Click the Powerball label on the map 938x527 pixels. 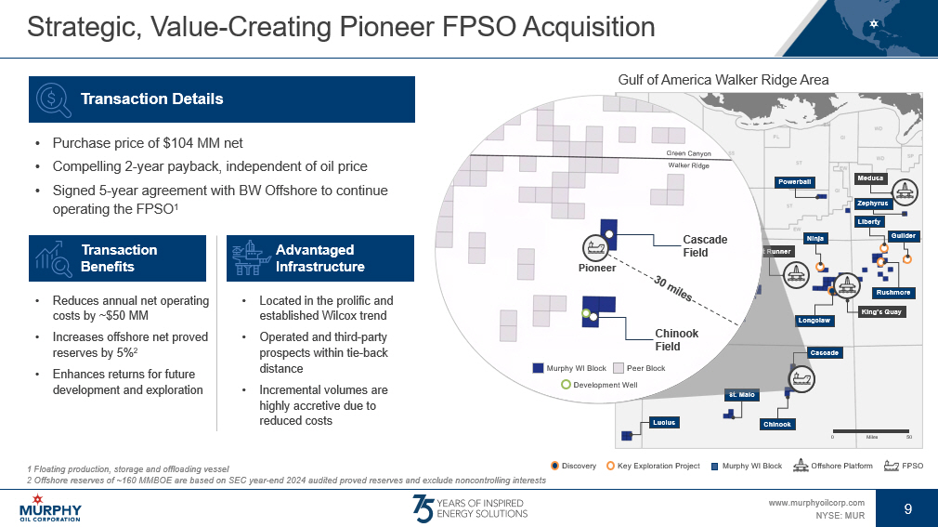(x=794, y=182)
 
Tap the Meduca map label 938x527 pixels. (x=870, y=178)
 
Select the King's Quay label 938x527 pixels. (x=881, y=312)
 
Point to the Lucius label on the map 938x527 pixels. (x=664, y=423)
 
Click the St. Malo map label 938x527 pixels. (x=742, y=395)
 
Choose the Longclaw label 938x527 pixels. (x=814, y=321)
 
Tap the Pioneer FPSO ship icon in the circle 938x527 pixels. (x=595, y=247)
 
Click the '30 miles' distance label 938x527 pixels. (x=673, y=289)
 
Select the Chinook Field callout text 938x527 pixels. (x=677, y=339)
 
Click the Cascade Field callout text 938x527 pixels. (x=705, y=245)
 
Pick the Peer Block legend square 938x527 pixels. (x=619, y=368)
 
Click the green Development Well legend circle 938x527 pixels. (x=566, y=385)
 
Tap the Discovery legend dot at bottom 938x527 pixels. (x=554, y=466)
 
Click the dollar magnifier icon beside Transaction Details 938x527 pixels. (x=53, y=99)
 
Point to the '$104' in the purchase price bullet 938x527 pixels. (x=176, y=143)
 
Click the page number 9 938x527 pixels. (x=907, y=509)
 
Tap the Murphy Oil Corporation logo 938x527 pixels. (x=50, y=507)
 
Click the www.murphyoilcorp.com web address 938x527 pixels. (x=816, y=503)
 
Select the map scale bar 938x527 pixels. (x=871, y=431)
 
